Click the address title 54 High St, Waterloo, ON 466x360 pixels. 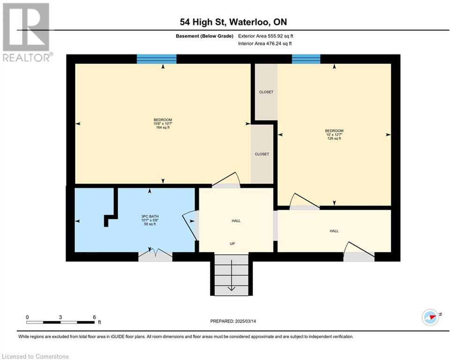click(x=233, y=22)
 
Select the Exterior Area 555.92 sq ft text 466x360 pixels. click(x=266, y=36)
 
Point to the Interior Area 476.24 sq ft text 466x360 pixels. click(x=265, y=44)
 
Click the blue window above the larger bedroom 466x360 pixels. click(x=156, y=59)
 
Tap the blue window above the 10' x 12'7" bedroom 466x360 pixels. click(x=306, y=59)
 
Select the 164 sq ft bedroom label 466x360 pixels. click(x=163, y=124)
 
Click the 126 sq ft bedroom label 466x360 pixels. click(x=334, y=135)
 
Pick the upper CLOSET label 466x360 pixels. click(x=266, y=92)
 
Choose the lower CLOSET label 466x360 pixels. click(x=262, y=154)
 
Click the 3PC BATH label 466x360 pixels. click(x=150, y=220)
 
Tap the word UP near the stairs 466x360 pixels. click(x=232, y=244)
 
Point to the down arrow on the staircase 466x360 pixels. click(x=231, y=276)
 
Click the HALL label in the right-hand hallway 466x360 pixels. click(x=334, y=231)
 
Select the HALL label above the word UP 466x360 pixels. click(x=236, y=221)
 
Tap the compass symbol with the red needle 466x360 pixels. click(x=430, y=317)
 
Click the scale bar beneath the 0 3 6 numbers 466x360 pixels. click(x=60, y=322)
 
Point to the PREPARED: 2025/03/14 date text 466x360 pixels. click(x=233, y=321)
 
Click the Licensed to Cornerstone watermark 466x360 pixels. click(x=35, y=356)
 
